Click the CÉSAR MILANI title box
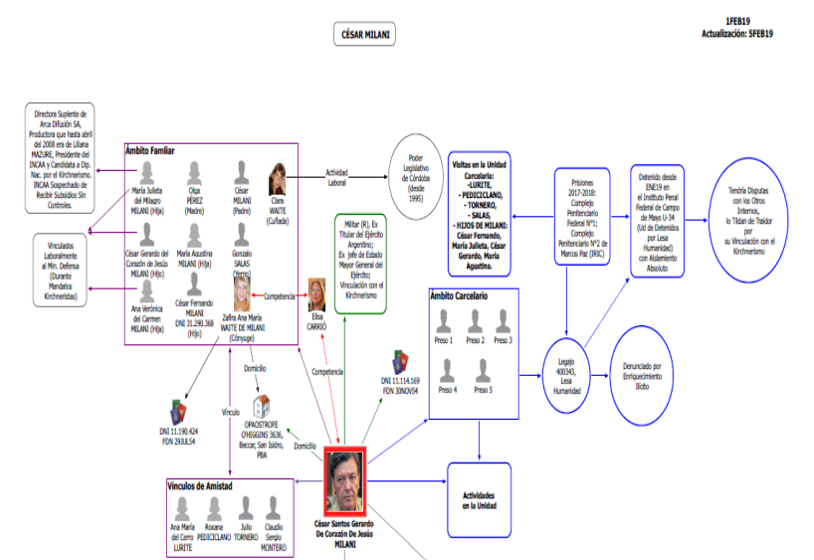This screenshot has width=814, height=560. click(365, 35)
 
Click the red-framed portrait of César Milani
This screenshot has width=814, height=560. click(345, 481)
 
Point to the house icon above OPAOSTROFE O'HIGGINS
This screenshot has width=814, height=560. click(263, 406)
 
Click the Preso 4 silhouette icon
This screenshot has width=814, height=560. click(447, 371)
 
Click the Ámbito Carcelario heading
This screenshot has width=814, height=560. click(462, 295)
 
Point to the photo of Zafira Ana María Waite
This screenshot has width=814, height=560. click(241, 294)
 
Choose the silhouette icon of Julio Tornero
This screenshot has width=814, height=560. click(246, 507)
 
